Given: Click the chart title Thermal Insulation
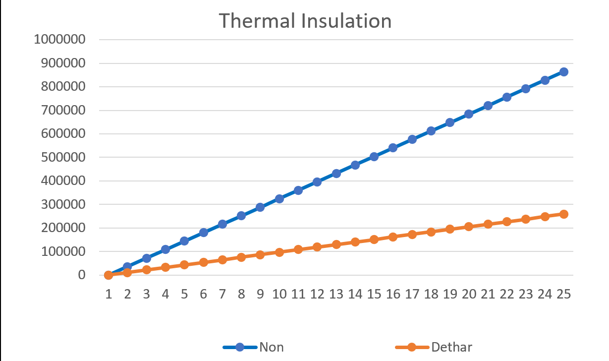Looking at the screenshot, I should [x=305, y=21].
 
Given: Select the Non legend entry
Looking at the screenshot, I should [x=271, y=347].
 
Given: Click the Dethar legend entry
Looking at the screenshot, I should [x=451, y=347].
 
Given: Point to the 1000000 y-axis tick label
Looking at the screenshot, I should [x=59, y=40].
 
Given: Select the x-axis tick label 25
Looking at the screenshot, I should [x=563, y=294].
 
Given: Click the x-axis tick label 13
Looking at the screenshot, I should [x=336, y=294].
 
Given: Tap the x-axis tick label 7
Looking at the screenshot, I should [x=222, y=294].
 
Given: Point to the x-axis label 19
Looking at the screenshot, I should [x=449, y=294].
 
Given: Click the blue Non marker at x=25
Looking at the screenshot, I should [x=563, y=72].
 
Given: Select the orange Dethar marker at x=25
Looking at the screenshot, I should [x=563, y=214].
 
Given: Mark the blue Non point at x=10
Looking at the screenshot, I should [x=279, y=199].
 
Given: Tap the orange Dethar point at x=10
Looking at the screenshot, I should [x=279, y=252].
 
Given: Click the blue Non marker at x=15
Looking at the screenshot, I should [x=374, y=157].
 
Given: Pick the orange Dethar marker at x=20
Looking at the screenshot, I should [x=469, y=227].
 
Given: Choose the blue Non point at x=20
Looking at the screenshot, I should [x=469, y=114].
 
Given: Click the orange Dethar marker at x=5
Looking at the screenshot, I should [x=184, y=265].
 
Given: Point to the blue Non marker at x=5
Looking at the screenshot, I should [x=184, y=241].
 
